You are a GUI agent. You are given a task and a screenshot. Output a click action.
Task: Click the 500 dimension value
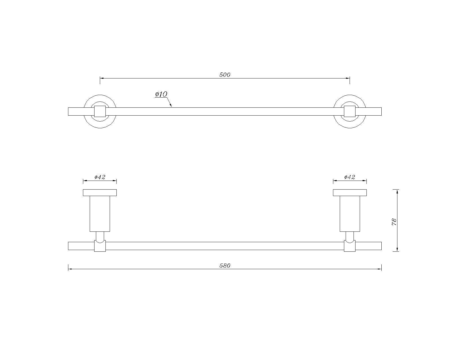[x=225, y=75]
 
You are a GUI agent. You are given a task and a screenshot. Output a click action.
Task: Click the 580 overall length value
[x=225, y=266]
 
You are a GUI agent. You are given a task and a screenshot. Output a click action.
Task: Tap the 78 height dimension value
[x=394, y=222]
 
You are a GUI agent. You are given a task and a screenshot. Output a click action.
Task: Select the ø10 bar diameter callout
[x=161, y=94]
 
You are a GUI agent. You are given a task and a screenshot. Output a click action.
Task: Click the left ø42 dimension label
[x=100, y=177]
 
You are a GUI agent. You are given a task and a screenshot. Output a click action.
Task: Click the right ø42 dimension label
[x=350, y=177]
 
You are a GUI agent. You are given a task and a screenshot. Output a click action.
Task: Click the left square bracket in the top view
[x=100, y=111]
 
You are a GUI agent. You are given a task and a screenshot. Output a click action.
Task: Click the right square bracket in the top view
[x=350, y=111]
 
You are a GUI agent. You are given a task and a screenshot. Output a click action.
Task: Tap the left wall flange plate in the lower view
[x=100, y=193]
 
